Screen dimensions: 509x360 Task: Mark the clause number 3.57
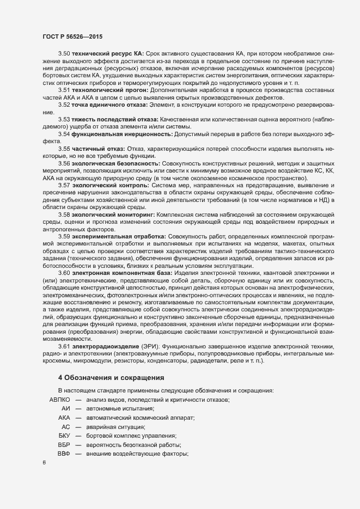pyautogui.click(x=64, y=186)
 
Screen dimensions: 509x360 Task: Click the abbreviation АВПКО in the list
pyautogui.click(x=60, y=400)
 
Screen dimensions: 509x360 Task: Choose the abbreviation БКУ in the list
pyautogui.click(x=64, y=437)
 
